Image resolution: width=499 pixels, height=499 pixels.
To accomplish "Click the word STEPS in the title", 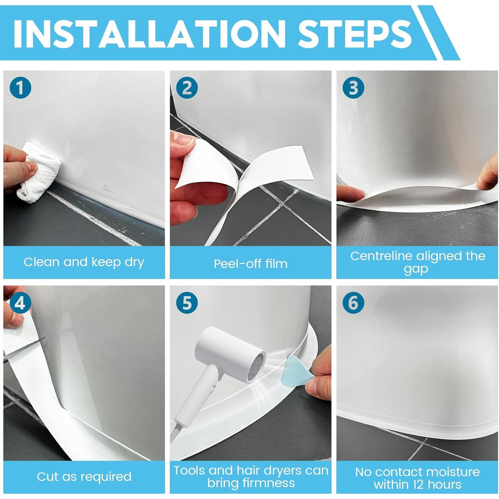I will point(355,33).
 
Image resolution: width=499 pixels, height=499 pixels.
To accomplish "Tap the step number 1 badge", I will point(20,88).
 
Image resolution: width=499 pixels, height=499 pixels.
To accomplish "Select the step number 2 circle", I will point(187,88).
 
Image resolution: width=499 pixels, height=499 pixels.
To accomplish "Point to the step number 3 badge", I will point(353,88).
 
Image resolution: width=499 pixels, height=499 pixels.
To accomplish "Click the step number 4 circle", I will point(20,303).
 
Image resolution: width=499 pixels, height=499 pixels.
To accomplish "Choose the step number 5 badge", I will point(187,303).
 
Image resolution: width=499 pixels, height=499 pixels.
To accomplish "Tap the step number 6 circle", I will point(353,303).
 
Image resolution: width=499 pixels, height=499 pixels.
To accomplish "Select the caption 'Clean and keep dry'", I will point(84,262).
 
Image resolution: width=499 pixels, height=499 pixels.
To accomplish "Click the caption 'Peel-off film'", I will point(251,264).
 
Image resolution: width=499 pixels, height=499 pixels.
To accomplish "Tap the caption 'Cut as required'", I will point(84,477).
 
